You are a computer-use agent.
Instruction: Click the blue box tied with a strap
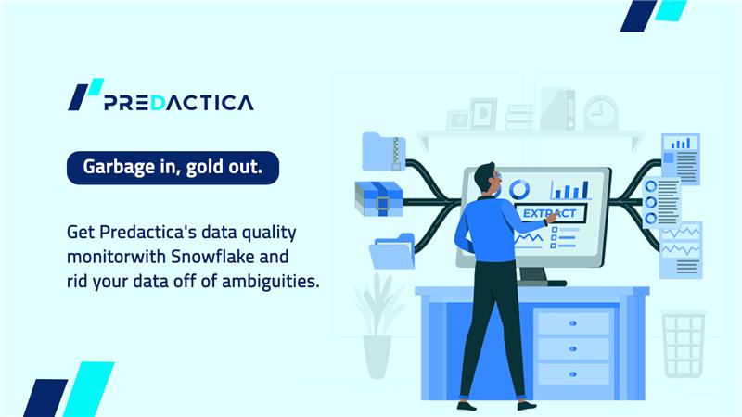tap(377, 198)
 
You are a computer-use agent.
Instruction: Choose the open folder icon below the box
tap(391, 251)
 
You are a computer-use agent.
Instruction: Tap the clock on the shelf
tap(600, 113)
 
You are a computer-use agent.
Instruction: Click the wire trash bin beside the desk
tap(684, 344)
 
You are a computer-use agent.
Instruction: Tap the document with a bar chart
tap(682, 158)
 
